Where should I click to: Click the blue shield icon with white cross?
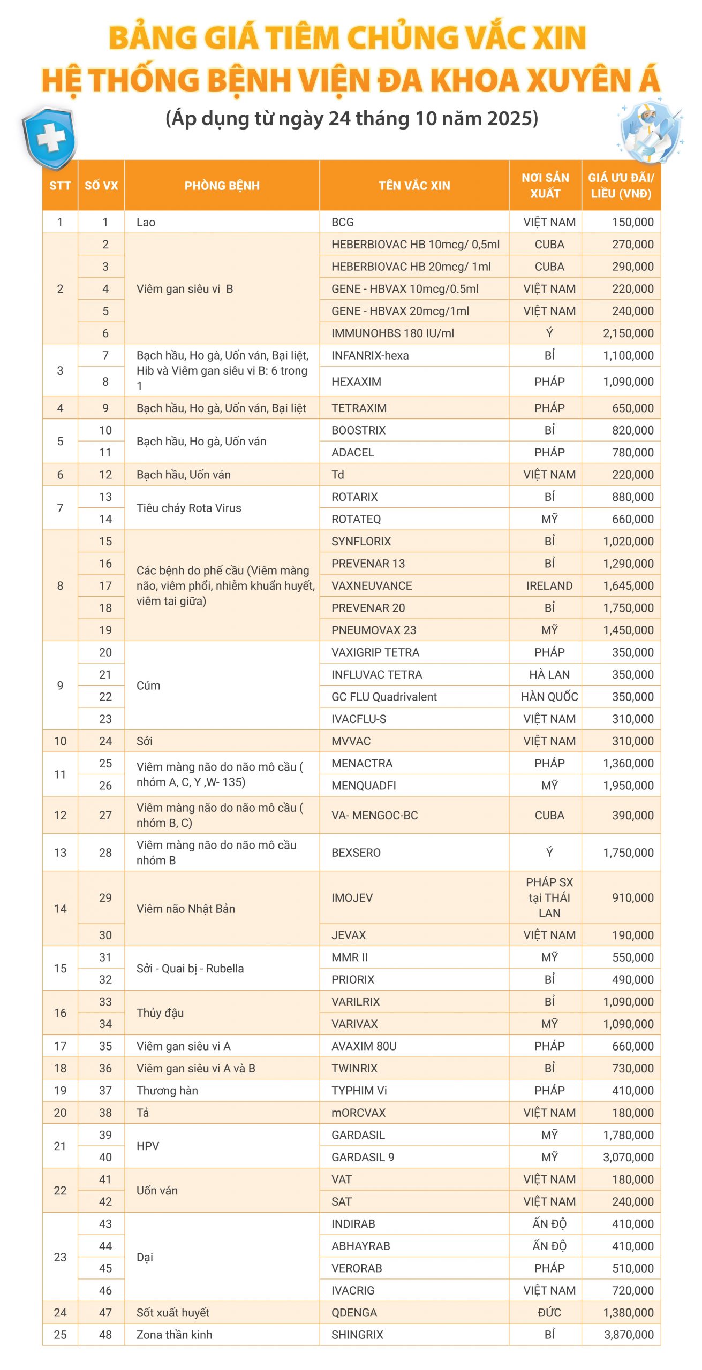pyautogui.click(x=50, y=138)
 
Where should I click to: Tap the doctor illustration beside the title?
pyautogui.click(x=650, y=132)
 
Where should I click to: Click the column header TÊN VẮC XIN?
pyautogui.click(x=414, y=186)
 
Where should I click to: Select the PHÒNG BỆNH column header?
pyautogui.click(x=222, y=186)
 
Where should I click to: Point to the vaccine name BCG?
pyautogui.click(x=343, y=222)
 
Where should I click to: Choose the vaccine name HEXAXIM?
pyautogui.click(x=356, y=382)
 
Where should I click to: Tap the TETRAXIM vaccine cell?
pyautogui.click(x=359, y=408)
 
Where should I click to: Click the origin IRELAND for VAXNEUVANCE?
pyautogui.click(x=549, y=585)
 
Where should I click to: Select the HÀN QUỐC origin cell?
pyautogui.click(x=549, y=696)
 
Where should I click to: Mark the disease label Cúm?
pyautogui.click(x=148, y=686)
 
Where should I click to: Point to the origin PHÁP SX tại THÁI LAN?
pyautogui.click(x=549, y=897)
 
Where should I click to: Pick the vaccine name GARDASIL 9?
pyautogui.click(x=363, y=1157)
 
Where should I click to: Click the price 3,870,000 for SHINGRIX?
pyautogui.click(x=628, y=1335)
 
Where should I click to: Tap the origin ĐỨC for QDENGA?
pyautogui.click(x=549, y=1312)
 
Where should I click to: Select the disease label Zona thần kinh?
pyautogui.click(x=174, y=1335)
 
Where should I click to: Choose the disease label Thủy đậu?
pyautogui.click(x=160, y=1013)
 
